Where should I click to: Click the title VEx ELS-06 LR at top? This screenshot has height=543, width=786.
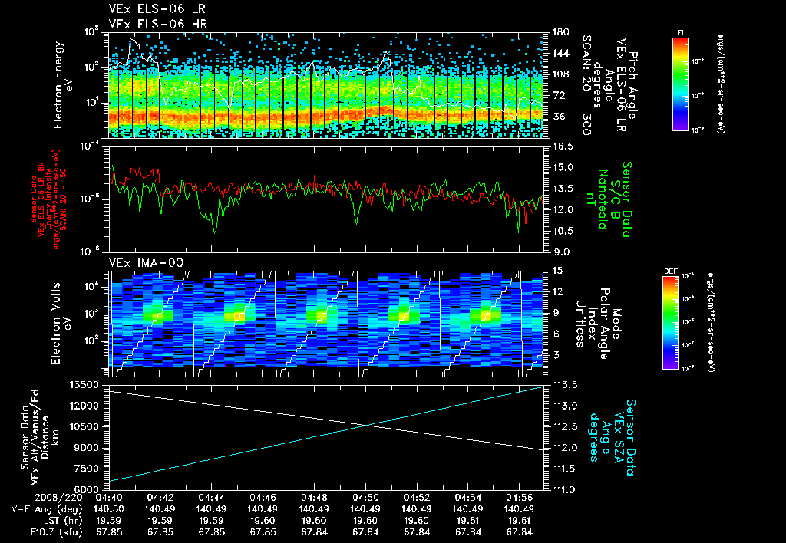pyautogui.click(x=149, y=9)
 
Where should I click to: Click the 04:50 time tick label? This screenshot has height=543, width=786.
pyautogui.click(x=365, y=497)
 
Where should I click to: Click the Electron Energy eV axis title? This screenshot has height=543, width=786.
pyautogui.click(x=64, y=84)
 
